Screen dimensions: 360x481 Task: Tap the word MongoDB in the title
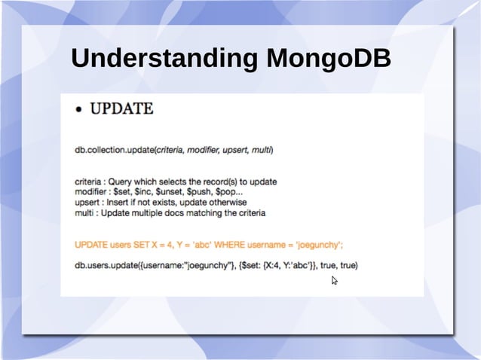point(327,59)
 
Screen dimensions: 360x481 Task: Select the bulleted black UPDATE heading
point(121,109)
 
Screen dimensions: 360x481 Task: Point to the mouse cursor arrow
point(334,280)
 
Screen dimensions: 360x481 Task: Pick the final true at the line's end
point(348,265)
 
